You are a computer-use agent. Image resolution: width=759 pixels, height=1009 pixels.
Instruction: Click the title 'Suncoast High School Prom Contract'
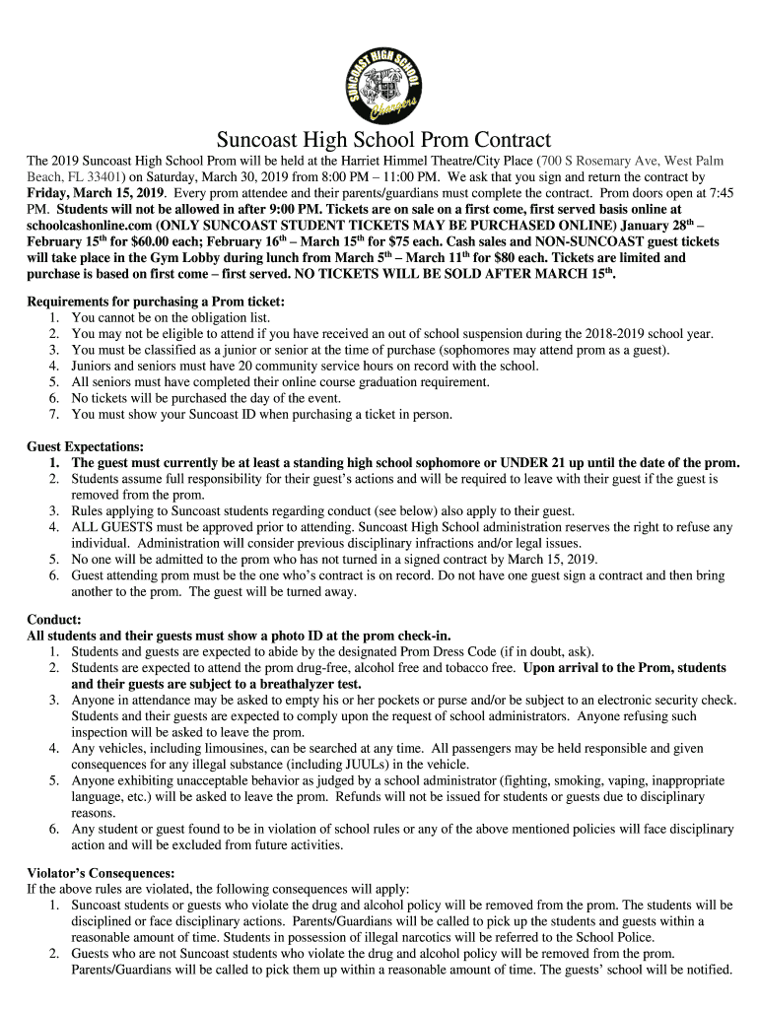click(383, 140)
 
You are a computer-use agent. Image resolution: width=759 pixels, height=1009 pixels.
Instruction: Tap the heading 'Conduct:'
click(54, 620)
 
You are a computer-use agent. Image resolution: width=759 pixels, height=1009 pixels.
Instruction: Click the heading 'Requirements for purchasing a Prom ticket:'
click(156, 302)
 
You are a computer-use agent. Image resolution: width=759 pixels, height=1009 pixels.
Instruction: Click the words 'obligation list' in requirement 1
click(229, 318)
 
